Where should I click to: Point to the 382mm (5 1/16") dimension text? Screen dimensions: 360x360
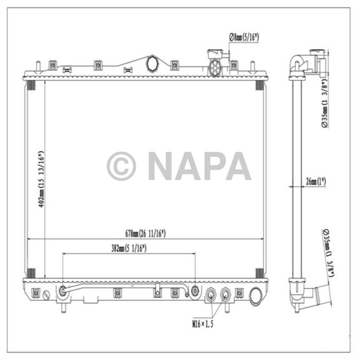pyautogui.click(x=129, y=248)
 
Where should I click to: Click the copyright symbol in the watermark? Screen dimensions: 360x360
pyautogui.click(x=121, y=166)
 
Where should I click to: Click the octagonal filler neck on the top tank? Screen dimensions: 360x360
pyautogui.click(x=153, y=64)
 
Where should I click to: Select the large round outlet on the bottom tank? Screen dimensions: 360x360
pyautogui.click(x=256, y=296)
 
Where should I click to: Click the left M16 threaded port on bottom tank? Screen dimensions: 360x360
pyautogui.click(x=211, y=295)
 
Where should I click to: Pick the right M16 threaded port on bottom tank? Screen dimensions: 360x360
pyautogui.click(x=225, y=295)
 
